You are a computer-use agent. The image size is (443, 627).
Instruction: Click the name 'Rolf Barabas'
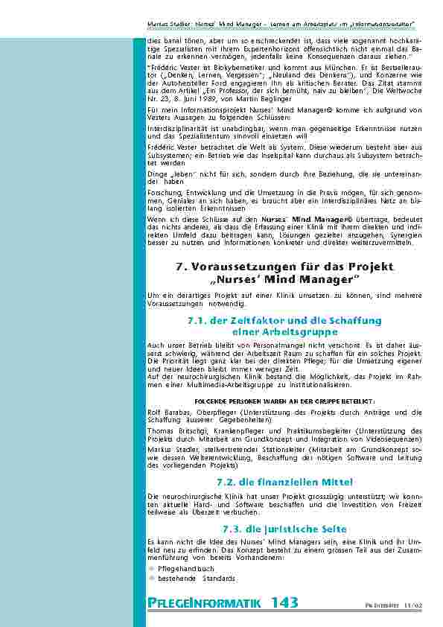[x=167, y=412]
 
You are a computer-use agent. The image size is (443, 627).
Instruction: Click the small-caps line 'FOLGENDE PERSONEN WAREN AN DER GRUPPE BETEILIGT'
[x=285, y=400]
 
